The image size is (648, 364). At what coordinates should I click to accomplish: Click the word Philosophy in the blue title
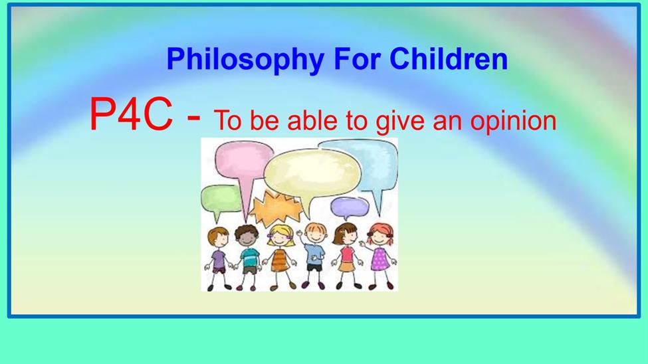point(245,60)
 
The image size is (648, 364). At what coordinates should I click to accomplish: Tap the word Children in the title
point(449,58)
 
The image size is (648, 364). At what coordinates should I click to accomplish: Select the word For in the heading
point(356,58)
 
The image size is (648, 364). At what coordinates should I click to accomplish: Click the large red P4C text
point(130,114)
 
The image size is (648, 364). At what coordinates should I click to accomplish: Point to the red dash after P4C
point(194,118)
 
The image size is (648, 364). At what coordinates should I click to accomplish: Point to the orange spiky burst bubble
point(275,208)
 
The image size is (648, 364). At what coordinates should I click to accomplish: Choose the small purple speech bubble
point(350,206)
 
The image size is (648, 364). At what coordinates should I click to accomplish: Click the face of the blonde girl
point(282,238)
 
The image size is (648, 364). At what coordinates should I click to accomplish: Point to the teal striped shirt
point(250,258)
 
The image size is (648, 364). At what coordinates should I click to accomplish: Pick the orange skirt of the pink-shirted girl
point(346,267)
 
